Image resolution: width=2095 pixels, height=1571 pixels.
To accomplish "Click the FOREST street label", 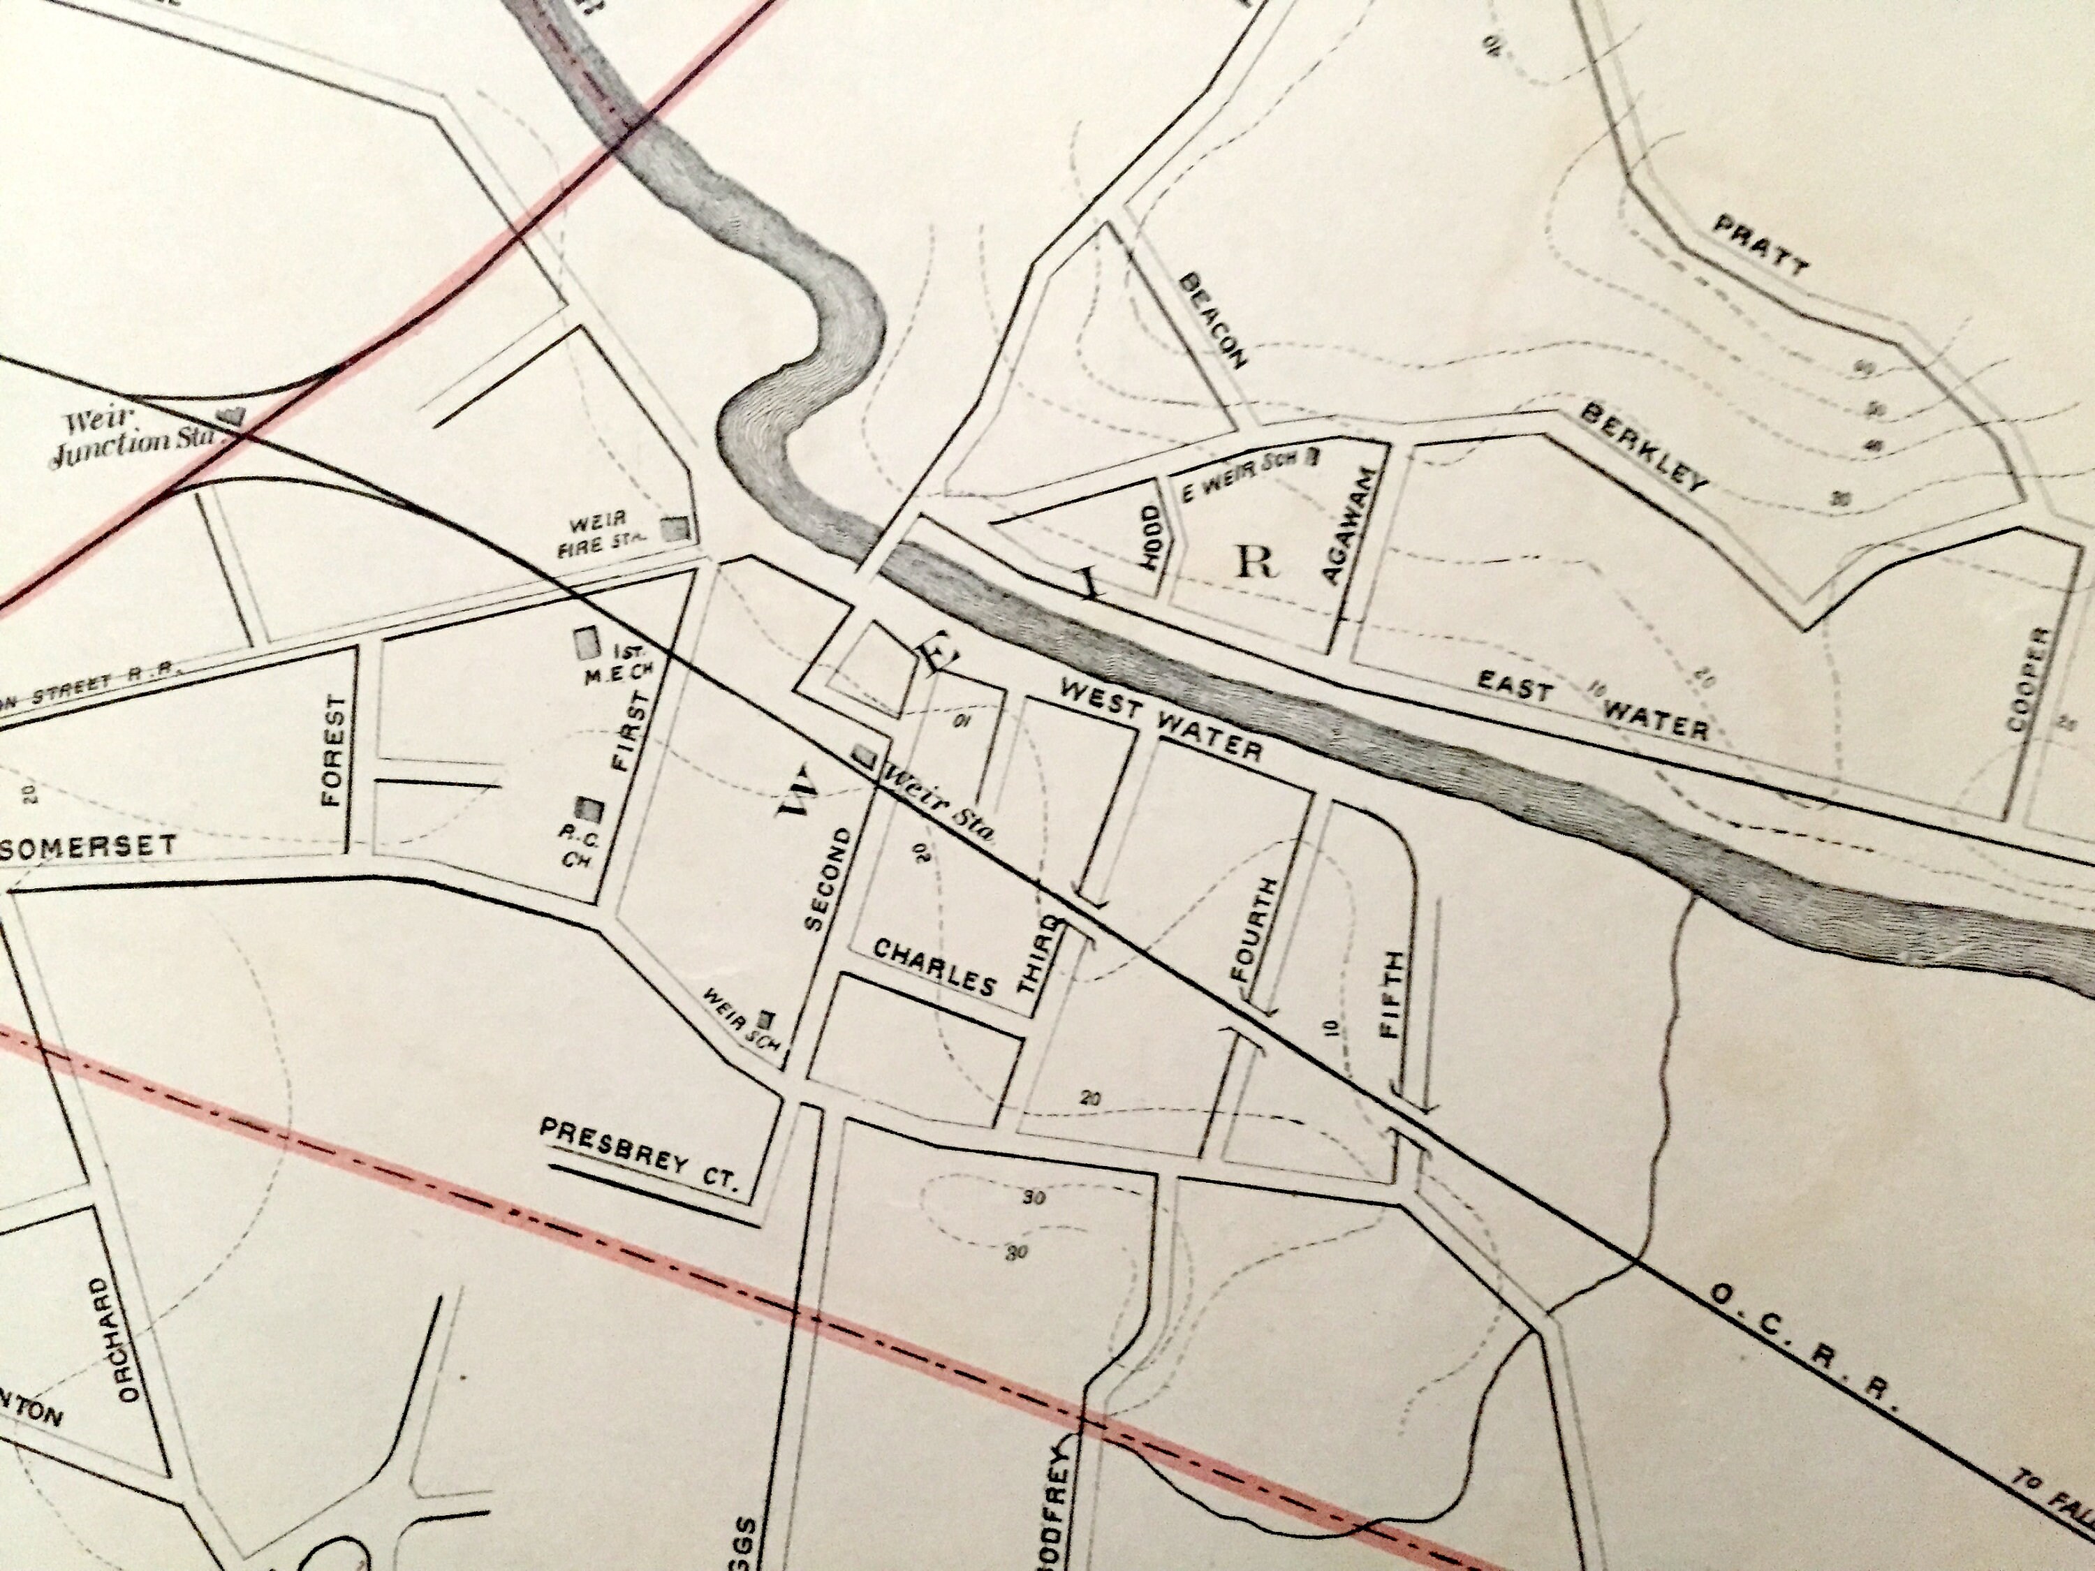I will point(332,750).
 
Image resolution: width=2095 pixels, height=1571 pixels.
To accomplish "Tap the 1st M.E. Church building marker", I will point(587,643).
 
